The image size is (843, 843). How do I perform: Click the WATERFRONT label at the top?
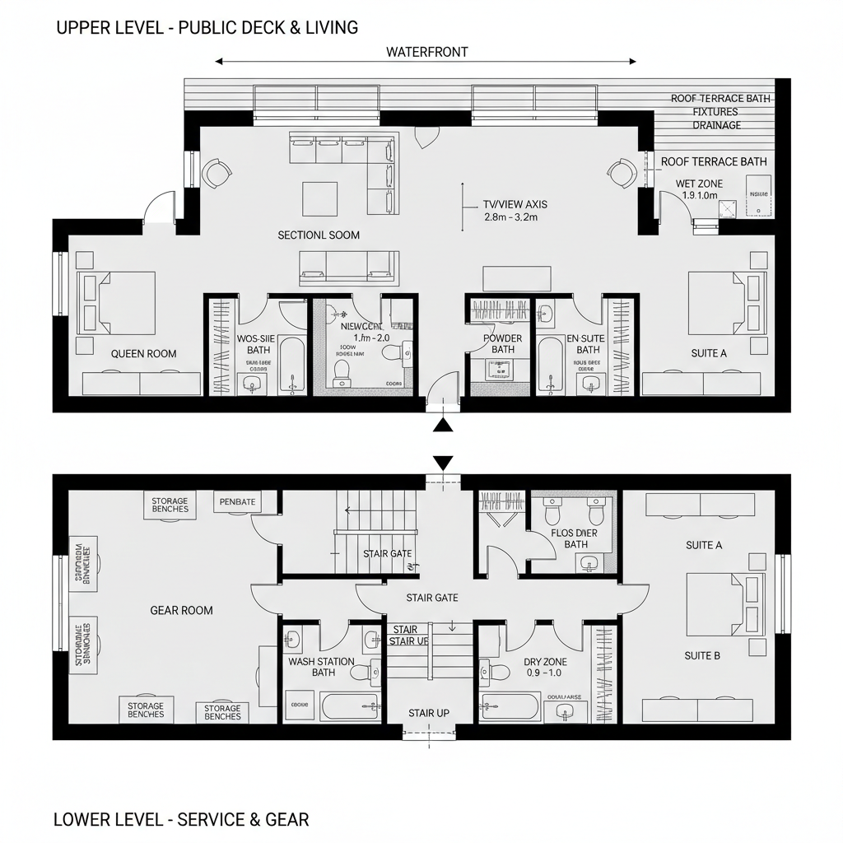pyautogui.click(x=426, y=52)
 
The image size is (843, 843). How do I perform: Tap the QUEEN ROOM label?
pyautogui.click(x=144, y=354)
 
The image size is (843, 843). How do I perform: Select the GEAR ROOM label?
pyautogui.click(x=181, y=610)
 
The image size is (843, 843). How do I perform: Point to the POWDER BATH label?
pyautogui.click(x=502, y=344)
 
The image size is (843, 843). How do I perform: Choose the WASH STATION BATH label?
pyautogui.click(x=321, y=667)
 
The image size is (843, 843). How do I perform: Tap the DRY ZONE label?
pyautogui.click(x=545, y=662)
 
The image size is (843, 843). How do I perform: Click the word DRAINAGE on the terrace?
pyautogui.click(x=716, y=125)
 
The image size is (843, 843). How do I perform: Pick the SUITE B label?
pyautogui.click(x=702, y=656)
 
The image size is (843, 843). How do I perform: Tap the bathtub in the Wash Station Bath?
pyautogui.click(x=349, y=706)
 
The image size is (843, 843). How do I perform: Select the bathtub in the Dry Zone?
pyautogui.click(x=510, y=706)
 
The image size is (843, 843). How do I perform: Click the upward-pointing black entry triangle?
pyautogui.click(x=444, y=425)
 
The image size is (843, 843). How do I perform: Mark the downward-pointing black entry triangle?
pyautogui.click(x=444, y=463)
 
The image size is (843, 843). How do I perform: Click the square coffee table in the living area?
pyautogui.click(x=320, y=198)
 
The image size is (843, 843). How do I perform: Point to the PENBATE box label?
pyautogui.click(x=238, y=501)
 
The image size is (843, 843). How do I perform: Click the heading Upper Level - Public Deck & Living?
pyautogui.click(x=207, y=27)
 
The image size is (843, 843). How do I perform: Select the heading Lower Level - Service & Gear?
pyautogui.click(x=181, y=819)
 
